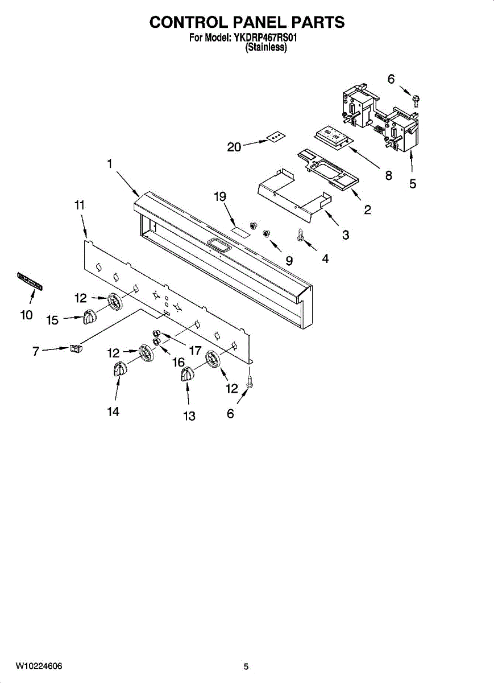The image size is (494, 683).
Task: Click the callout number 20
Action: [234, 147]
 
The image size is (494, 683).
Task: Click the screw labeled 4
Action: [300, 234]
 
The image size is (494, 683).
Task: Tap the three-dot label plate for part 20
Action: [276, 137]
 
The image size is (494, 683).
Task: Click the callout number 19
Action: [220, 197]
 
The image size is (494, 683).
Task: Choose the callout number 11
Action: [80, 205]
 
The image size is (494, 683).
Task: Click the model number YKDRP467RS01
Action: [265, 39]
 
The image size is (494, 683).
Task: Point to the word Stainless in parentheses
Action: [265, 48]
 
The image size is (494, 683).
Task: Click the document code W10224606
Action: [39, 666]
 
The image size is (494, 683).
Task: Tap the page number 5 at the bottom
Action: [246, 666]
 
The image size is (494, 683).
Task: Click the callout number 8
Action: [389, 175]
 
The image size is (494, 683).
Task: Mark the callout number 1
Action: [109, 163]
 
